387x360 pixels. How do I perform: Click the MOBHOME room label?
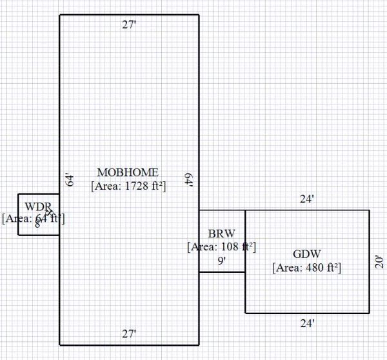tap(128, 172)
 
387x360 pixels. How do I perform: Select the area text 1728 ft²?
tap(128, 186)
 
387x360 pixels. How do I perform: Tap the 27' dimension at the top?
tap(129, 25)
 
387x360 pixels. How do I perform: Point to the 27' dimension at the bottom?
tap(129, 334)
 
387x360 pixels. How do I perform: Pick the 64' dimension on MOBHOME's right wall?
tap(189, 180)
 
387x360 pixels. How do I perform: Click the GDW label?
tap(306, 254)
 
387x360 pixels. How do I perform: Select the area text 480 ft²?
tap(306, 267)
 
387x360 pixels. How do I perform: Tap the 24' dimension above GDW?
tap(307, 200)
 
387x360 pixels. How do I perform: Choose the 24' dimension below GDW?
tap(307, 323)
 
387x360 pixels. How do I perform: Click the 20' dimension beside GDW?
tap(379, 261)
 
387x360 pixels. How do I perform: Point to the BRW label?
tap(221, 233)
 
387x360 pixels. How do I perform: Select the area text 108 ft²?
tap(221, 246)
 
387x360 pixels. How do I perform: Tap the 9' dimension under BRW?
tap(221, 261)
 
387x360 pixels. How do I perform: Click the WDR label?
tap(37, 206)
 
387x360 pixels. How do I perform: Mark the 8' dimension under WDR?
tap(37, 225)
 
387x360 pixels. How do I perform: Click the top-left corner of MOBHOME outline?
tap(60, 15)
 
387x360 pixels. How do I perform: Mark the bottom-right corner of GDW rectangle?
tap(369, 314)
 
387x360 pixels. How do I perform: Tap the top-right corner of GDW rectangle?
tap(369, 210)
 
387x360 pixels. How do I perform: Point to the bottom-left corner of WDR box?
tap(18, 235)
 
